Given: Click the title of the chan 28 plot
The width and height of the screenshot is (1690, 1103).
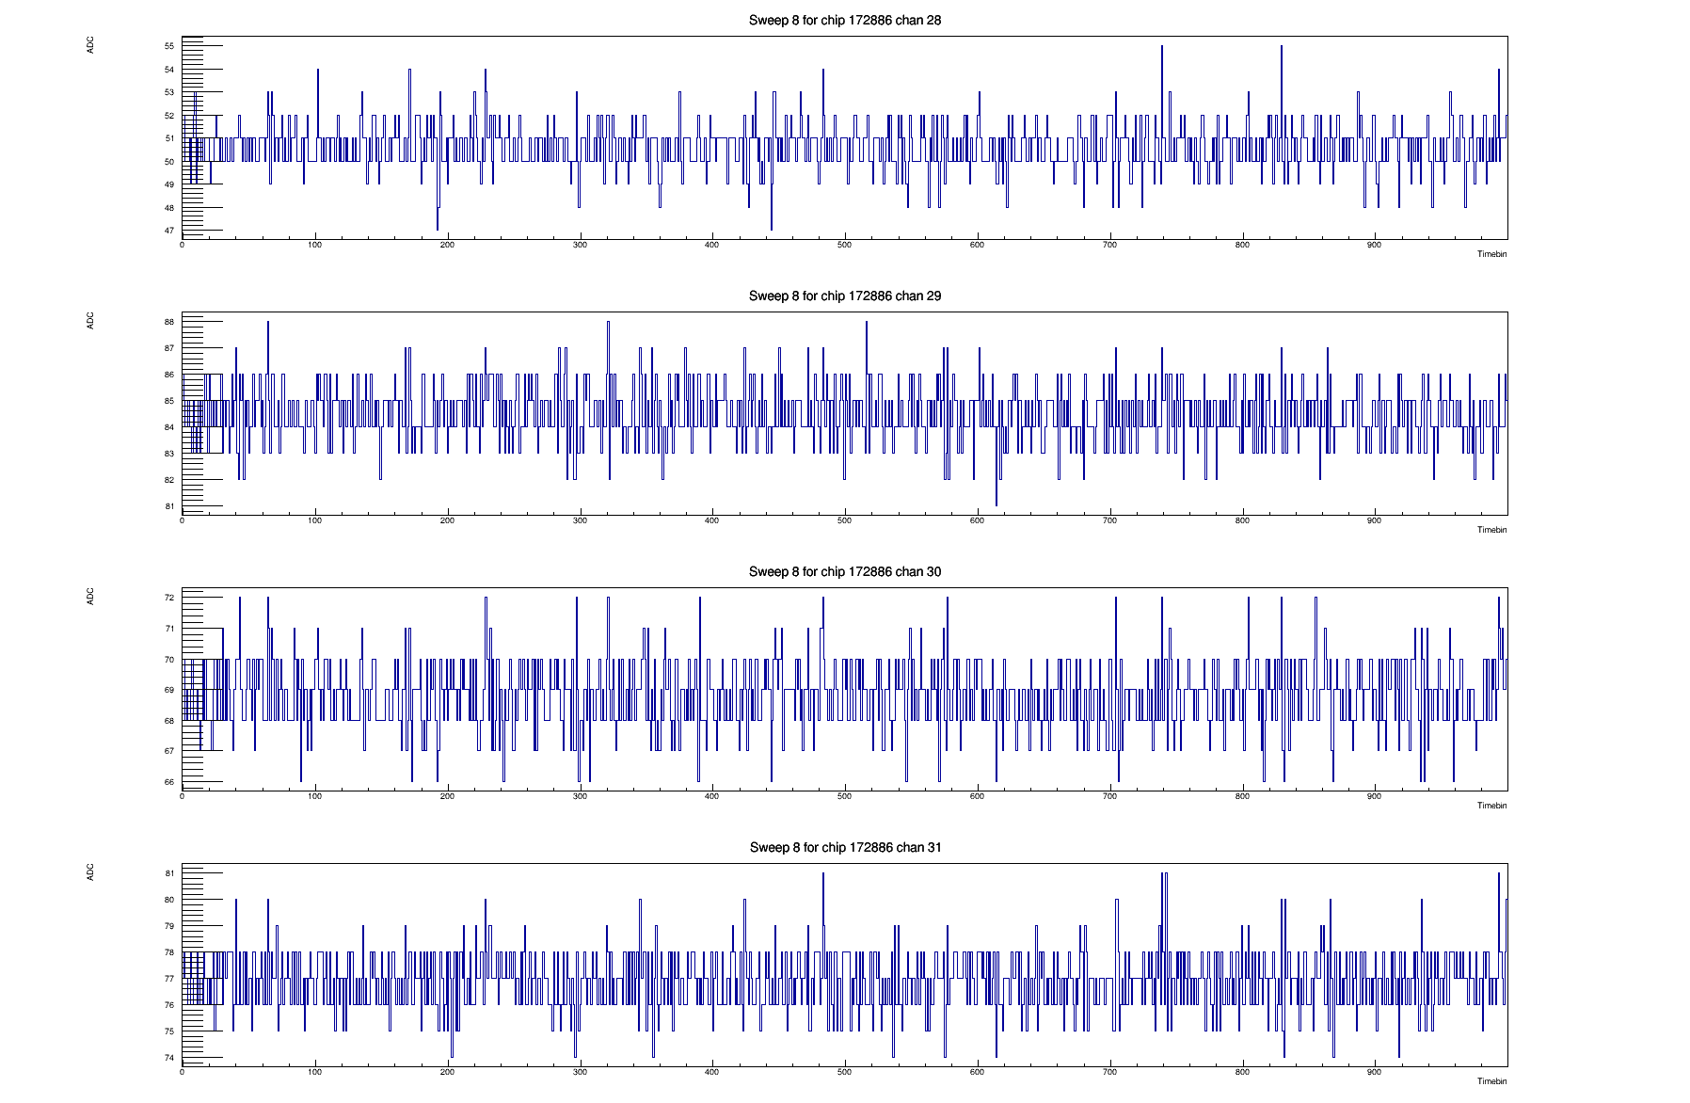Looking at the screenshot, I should (x=844, y=20).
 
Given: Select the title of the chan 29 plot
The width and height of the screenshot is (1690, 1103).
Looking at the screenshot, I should (x=844, y=296).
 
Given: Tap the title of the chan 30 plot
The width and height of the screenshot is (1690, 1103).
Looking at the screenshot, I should (x=844, y=571).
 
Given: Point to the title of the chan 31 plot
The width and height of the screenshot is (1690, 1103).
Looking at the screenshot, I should (x=844, y=847).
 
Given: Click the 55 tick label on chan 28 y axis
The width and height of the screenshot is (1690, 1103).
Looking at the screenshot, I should (x=169, y=46).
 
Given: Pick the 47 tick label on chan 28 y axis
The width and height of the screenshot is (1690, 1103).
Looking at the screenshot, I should (x=169, y=231).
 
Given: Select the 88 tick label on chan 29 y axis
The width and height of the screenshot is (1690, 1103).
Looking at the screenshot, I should (x=169, y=322).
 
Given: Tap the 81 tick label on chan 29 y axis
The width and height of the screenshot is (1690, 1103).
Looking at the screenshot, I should (x=169, y=506).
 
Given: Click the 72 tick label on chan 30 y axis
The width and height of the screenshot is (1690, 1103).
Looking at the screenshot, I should (x=169, y=598).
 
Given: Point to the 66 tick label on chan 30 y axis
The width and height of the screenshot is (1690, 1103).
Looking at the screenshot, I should (x=169, y=782).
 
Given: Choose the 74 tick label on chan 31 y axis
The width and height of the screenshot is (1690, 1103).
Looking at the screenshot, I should (x=169, y=1058).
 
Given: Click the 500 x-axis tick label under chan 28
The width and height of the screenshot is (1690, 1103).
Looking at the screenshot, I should (x=844, y=245).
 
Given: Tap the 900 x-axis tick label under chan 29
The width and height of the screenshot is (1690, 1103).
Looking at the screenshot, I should (x=1374, y=520).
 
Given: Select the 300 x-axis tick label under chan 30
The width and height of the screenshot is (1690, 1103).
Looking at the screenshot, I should (x=580, y=796).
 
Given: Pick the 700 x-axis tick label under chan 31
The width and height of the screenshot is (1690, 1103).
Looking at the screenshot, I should (x=1109, y=1072).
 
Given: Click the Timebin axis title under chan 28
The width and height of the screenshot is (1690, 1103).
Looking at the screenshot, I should (x=1491, y=254).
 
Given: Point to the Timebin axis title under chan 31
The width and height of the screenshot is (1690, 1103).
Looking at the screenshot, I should (x=1491, y=1081).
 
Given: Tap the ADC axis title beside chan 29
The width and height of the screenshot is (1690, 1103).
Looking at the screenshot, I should (x=91, y=321).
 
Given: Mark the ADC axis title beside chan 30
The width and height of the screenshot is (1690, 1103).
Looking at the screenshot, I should (x=91, y=597).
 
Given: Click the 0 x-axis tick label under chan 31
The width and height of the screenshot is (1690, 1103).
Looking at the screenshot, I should (x=183, y=1072).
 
